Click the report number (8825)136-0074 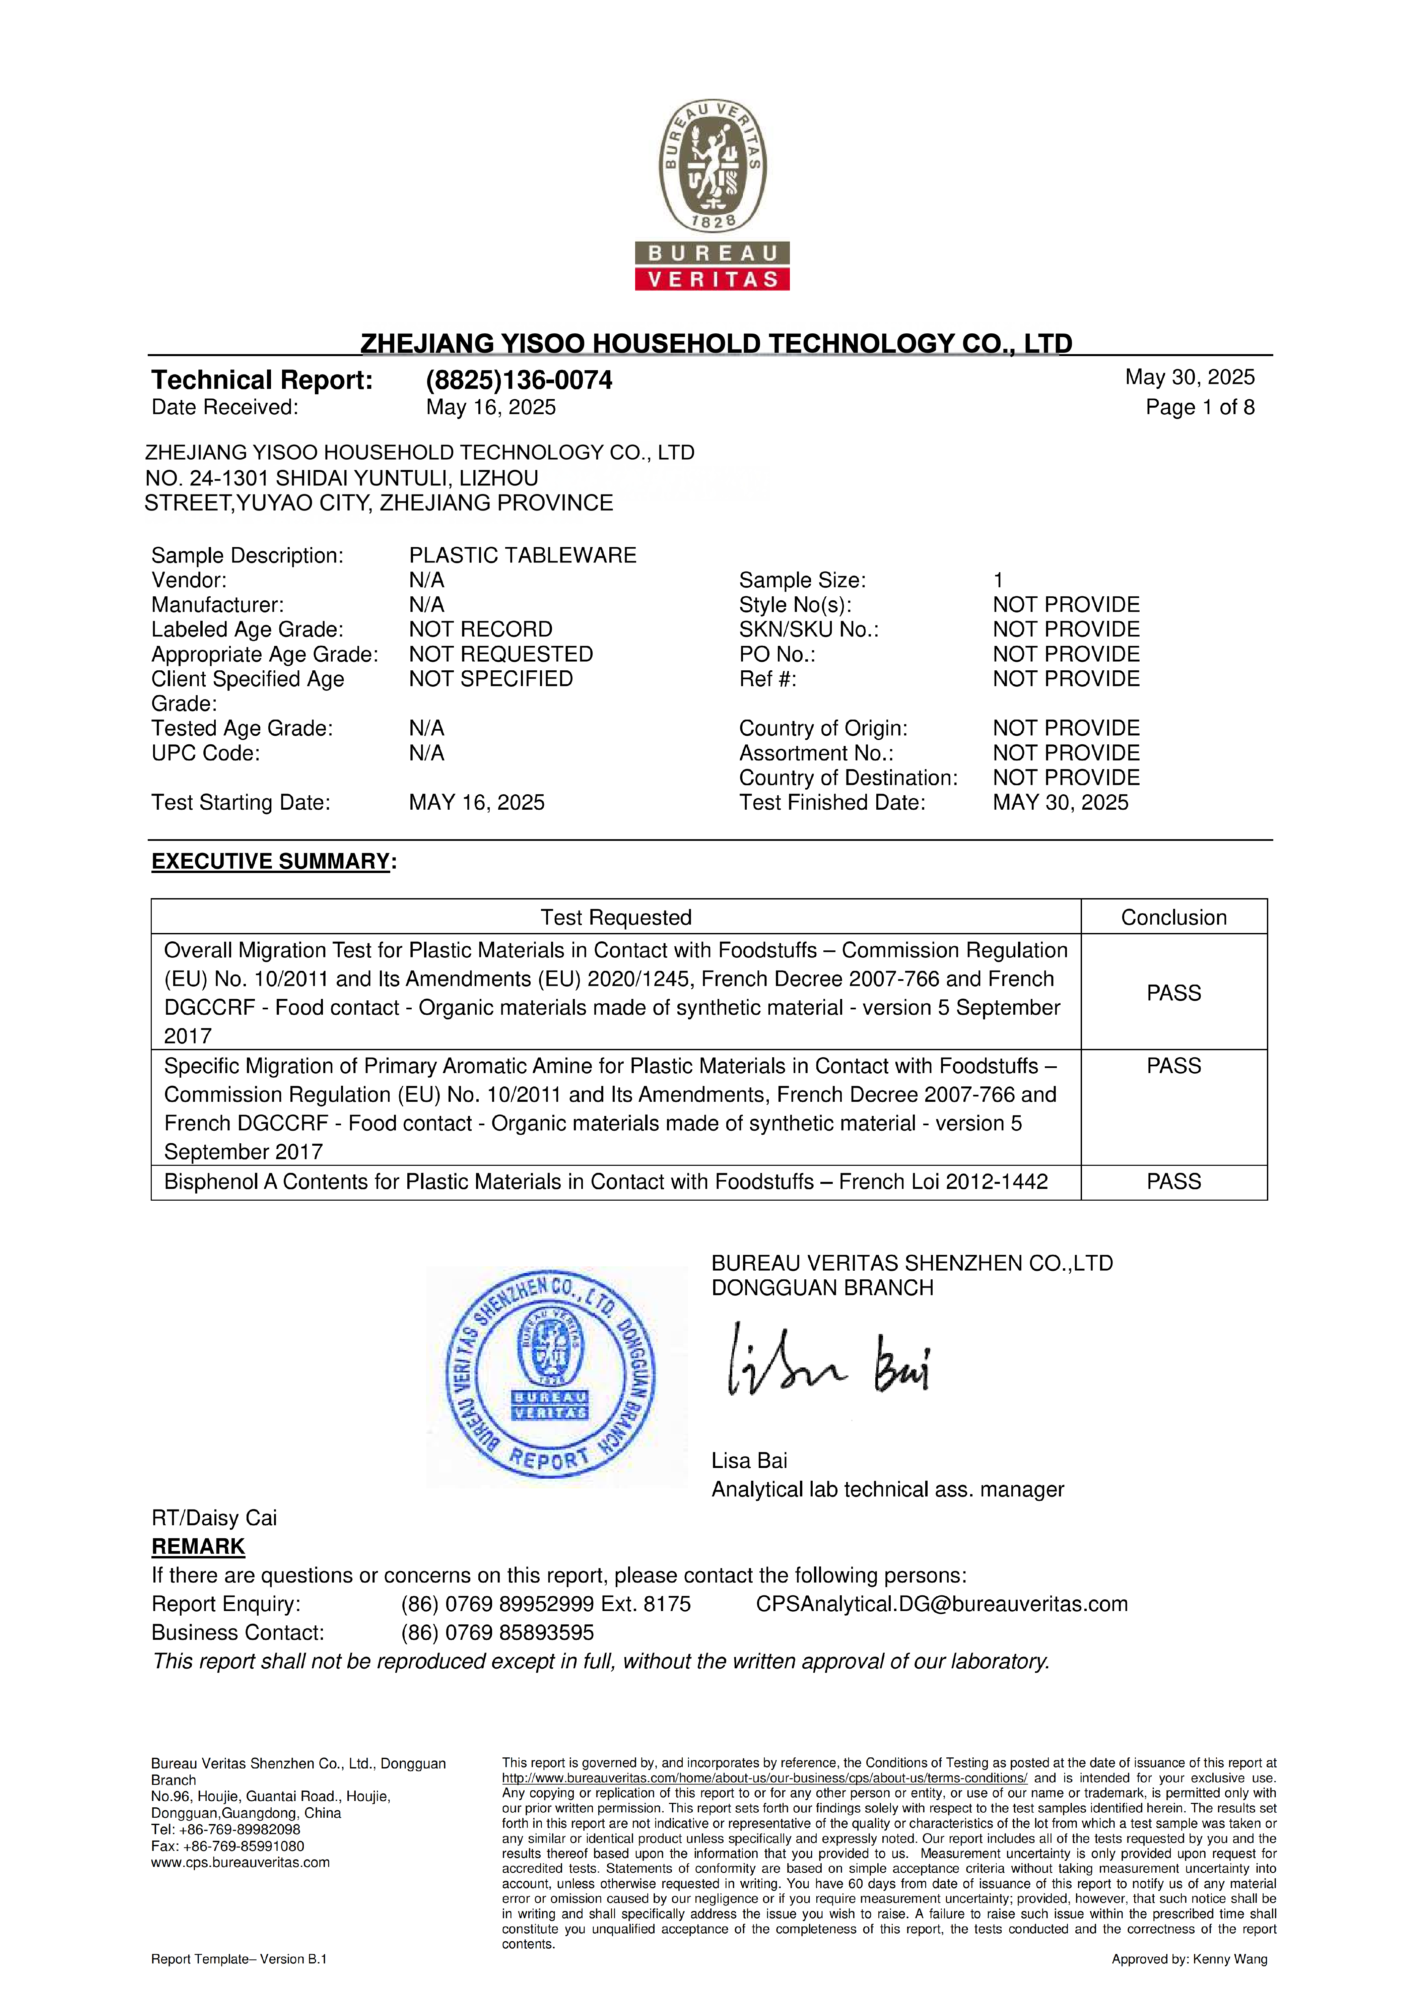[519, 380]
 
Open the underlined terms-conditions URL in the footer [764, 1778]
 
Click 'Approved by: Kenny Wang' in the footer [1189, 1959]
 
